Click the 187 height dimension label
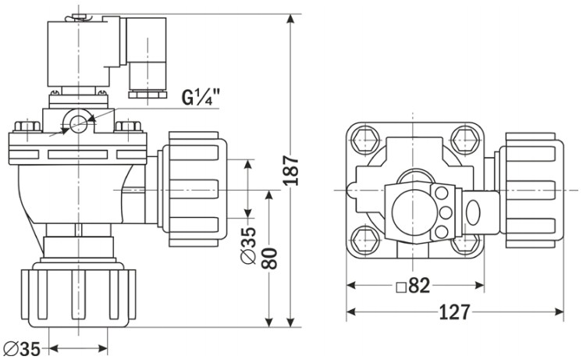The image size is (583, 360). pos(291,171)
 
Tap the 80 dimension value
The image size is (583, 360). pos(269,258)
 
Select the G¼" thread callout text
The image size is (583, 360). pos(201,97)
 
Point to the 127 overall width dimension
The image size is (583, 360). pos(455,312)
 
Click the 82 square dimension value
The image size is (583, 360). pos(419,285)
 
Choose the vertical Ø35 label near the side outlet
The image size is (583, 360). pos(248,246)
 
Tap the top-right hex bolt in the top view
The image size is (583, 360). pos(465,140)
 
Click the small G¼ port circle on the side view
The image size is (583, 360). pos(79,120)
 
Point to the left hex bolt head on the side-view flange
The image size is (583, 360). pos(27,126)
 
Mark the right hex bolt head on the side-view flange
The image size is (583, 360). pos(128,126)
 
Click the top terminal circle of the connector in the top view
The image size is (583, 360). pos(442,193)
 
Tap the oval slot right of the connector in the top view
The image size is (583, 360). pos(473,212)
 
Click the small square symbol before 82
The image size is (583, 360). pos(401,287)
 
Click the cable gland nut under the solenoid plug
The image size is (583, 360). pos(148,94)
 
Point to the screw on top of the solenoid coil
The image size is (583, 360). pos(77,16)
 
